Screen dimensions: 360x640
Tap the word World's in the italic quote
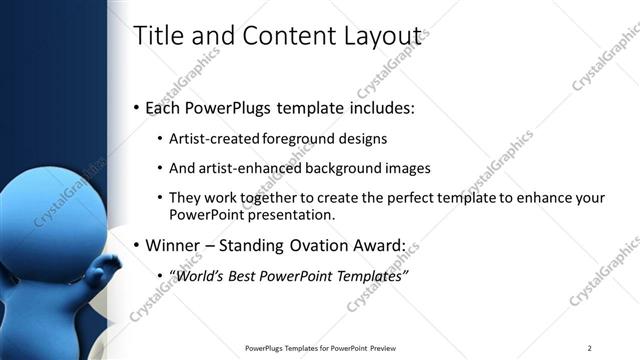coord(202,275)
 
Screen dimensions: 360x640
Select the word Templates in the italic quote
coord(369,275)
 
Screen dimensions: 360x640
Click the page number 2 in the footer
coord(589,347)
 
